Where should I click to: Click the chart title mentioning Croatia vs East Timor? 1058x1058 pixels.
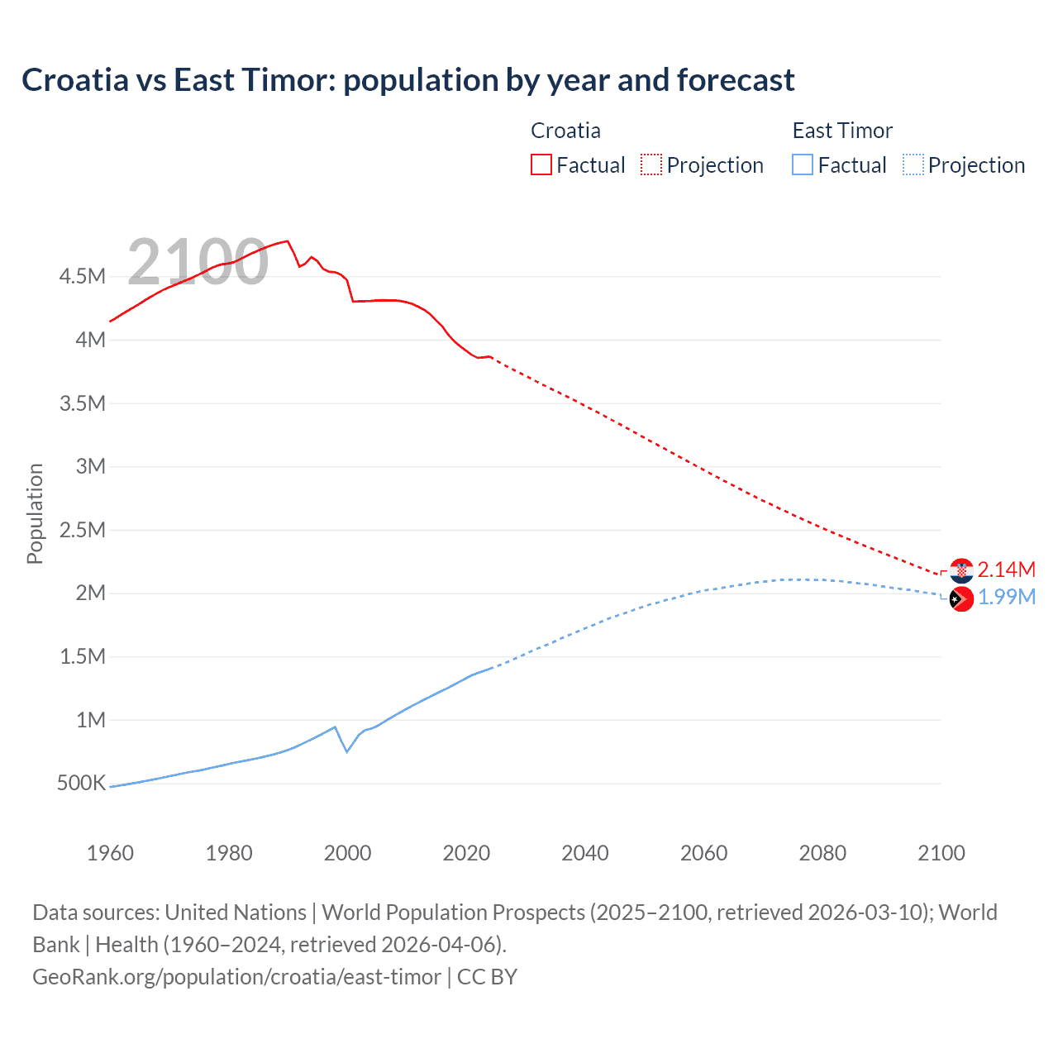(407, 80)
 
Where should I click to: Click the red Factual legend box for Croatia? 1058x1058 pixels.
(541, 164)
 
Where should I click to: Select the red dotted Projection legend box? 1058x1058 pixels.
(651, 164)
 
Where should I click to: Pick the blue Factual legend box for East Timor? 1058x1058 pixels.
(803, 164)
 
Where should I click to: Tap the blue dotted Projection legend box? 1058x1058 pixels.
(913, 164)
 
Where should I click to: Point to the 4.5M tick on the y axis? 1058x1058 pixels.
(82, 276)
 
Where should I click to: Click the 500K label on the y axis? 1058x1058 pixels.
(81, 783)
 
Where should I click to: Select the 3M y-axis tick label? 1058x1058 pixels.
(90, 466)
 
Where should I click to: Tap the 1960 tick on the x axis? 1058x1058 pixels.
(110, 853)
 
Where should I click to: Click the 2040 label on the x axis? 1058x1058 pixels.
(585, 853)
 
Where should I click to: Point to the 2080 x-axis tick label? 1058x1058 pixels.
(822, 853)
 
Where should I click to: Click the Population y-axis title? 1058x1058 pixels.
(35, 513)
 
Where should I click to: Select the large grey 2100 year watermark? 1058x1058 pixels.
(198, 262)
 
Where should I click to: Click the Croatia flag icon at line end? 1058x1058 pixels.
(961, 570)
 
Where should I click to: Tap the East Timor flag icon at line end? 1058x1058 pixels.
(961, 598)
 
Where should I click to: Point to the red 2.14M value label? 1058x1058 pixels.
(1006, 570)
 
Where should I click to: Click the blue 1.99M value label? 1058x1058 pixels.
(1006, 597)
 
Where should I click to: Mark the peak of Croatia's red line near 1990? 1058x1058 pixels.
(287, 241)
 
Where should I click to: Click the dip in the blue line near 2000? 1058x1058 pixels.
(347, 751)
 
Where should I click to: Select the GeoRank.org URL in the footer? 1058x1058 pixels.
(236, 977)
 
